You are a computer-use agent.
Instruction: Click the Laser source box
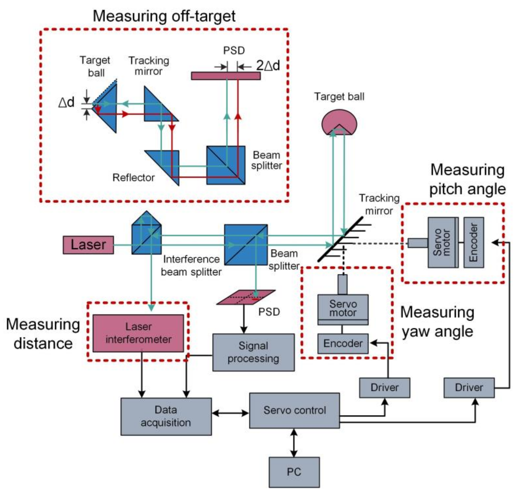[x=88, y=245]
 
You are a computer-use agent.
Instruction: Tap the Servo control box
[x=294, y=410]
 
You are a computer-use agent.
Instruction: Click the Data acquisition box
[x=166, y=417]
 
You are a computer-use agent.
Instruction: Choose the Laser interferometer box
[x=138, y=333]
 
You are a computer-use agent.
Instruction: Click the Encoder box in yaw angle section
[x=343, y=344]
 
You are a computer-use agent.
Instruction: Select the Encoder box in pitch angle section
[x=474, y=242]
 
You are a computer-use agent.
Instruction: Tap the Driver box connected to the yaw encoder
[x=384, y=388]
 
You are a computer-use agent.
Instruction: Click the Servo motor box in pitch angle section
[x=443, y=242]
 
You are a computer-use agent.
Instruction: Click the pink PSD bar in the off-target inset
[x=226, y=76]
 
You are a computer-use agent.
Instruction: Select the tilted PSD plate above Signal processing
[x=246, y=297]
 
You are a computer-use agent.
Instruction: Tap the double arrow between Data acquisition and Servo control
[x=230, y=413]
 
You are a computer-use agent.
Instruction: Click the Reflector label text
[x=133, y=178]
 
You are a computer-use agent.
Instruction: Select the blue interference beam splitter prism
[x=147, y=233]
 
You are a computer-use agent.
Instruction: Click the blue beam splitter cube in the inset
[x=226, y=165]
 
